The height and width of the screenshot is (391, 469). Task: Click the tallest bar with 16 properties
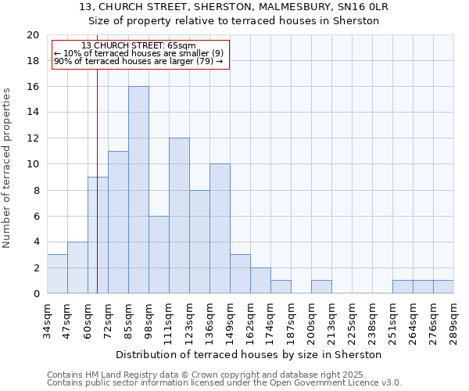coord(138,190)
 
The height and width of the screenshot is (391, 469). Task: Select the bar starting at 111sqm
coord(179,216)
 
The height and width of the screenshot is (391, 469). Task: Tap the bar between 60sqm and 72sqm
coord(98,235)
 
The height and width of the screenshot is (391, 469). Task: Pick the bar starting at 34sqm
coord(57,274)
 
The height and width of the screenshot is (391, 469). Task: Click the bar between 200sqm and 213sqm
coord(321,287)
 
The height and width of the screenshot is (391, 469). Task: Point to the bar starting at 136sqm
coord(220,229)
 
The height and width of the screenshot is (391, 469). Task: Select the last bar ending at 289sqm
coord(443,287)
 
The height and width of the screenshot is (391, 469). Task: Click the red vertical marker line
coord(97,156)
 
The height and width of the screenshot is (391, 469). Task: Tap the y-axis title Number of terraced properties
coord(8,167)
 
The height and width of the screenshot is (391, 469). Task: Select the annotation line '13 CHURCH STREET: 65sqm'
coord(139,46)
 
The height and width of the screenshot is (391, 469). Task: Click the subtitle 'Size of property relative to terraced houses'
coord(234,21)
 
